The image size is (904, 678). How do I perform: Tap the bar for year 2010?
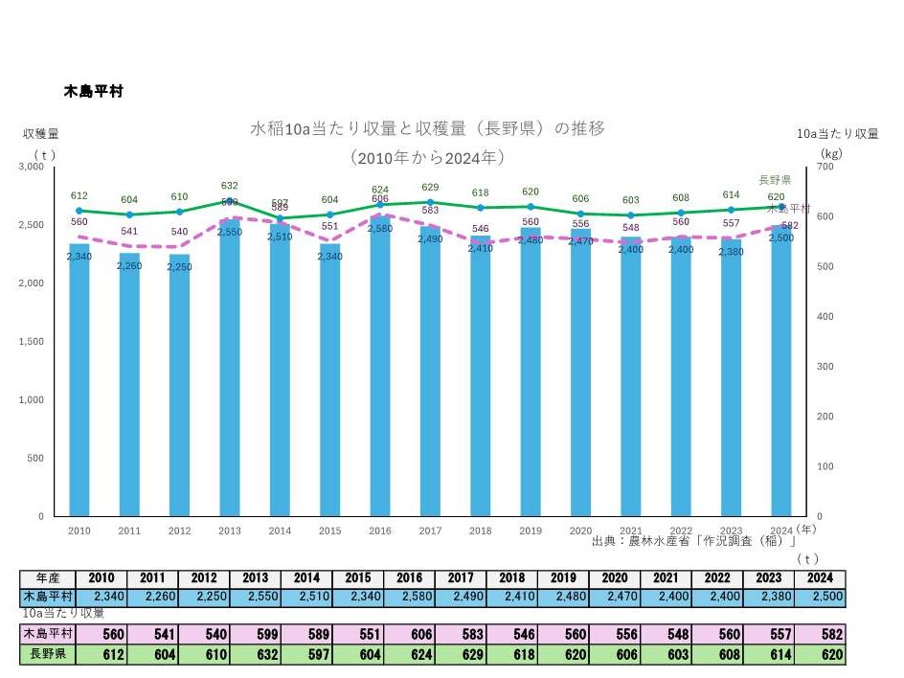[x=79, y=383]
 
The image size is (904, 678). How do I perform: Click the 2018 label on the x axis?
[x=480, y=531]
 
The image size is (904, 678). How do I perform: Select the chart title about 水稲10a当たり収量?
[x=427, y=128]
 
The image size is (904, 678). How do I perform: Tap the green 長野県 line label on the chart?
[x=775, y=180]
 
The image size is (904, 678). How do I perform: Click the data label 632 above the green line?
[x=230, y=186]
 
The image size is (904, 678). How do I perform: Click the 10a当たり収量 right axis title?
[x=839, y=134]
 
